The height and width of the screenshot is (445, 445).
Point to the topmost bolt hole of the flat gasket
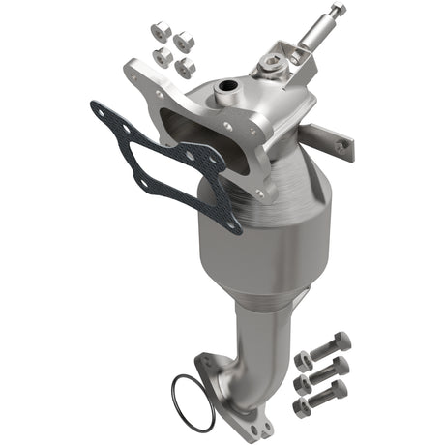tap(102, 108)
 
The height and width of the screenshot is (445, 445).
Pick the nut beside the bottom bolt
tap(301, 405)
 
